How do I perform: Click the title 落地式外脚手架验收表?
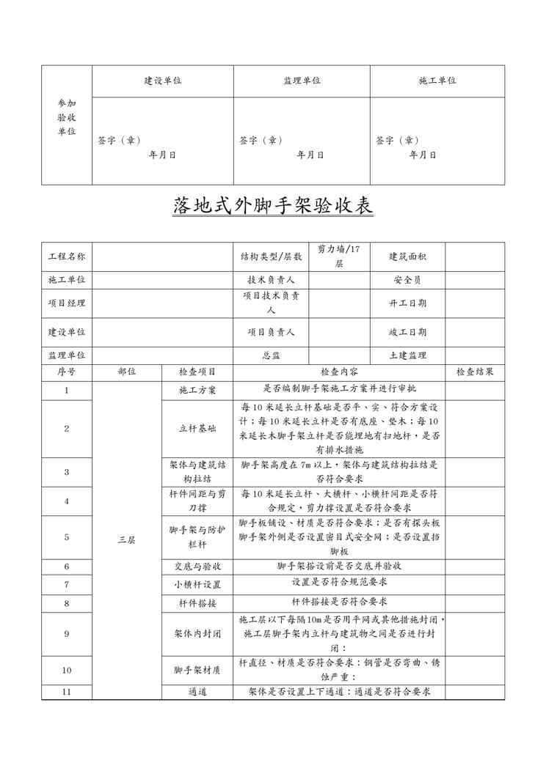point(273,206)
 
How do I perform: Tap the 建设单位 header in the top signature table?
point(163,81)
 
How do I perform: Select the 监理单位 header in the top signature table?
point(302,81)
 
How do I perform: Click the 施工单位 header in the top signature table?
point(437,81)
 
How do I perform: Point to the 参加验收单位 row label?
point(66,117)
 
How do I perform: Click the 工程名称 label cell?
point(67,257)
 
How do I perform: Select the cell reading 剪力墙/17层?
point(339,257)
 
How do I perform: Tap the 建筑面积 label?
point(407,257)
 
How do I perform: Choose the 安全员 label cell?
point(407,280)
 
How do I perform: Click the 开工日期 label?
point(407,303)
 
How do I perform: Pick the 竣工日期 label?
point(407,332)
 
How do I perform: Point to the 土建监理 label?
point(407,355)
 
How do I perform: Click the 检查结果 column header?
point(475,372)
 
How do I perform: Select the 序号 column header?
point(67,372)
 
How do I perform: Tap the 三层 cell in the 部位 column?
point(126,539)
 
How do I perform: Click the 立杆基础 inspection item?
point(197,428)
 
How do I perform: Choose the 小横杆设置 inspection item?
point(197,585)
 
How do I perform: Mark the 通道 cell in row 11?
point(197,692)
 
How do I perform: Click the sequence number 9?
point(67,634)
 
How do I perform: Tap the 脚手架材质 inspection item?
point(197,670)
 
